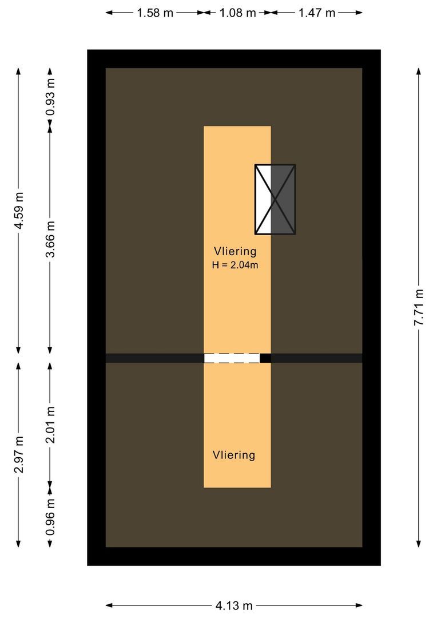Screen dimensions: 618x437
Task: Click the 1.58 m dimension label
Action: pyautogui.click(x=154, y=13)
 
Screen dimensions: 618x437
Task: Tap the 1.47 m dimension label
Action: pyautogui.click(x=316, y=13)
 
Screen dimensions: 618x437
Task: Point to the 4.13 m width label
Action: pyautogui.click(x=235, y=605)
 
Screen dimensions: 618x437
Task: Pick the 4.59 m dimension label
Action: pyautogui.click(x=19, y=210)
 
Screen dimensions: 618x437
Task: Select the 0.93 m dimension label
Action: pyautogui.click(x=50, y=96)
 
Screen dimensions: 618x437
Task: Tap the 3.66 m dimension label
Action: pyautogui.click(x=50, y=239)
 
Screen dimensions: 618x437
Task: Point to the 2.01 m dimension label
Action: pyautogui.click(x=50, y=424)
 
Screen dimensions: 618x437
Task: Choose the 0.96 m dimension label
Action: pyautogui.click(x=50, y=517)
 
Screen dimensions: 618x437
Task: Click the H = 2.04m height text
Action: pyautogui.click(x=235, y=264)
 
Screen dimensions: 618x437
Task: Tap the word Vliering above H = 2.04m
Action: pyautogui.click(x=235, y=251)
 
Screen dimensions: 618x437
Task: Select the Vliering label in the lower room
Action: pyautogui.click(x=233, y=455)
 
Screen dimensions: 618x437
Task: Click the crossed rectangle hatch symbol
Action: pyautogui.click(x=275, y=200)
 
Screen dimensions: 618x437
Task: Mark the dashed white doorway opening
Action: pyautogui.click(x=232, y=358)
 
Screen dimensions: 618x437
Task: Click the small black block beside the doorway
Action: pyautogui.click(x=265, y=358)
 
